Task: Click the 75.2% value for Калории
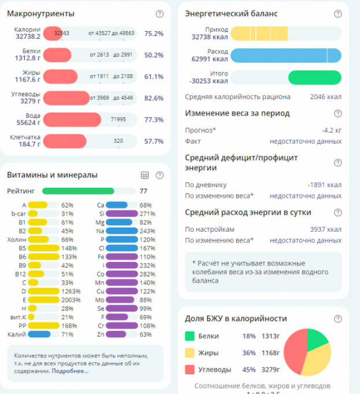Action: click(x=154, y=34)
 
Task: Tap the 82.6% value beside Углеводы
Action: click(x=154, y=98)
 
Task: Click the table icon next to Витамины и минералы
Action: click(x=145, y=175)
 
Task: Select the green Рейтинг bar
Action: click(x=78, y=190)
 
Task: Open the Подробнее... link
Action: click(x=69, y=371)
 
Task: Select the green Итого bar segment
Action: click(x=314, y=77)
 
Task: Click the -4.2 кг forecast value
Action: click(x=331, y=130)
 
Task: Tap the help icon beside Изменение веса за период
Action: click(x=338, y=114)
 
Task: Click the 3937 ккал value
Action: click(x=325, y=229)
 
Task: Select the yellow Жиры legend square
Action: click(x=190, y=352)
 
